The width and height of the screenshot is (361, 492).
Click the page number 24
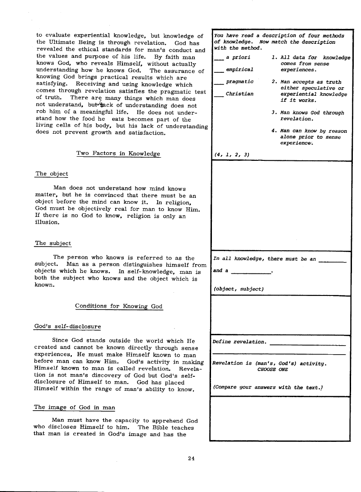coord(191,459)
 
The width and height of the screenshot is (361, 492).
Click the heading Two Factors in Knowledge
coord(118,154)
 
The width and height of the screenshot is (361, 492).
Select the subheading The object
coord(52,174)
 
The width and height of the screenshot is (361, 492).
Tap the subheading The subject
coord(53,244)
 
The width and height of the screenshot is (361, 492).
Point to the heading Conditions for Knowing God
coord(118,306)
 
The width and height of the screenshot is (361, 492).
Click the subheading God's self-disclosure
coord(68,327)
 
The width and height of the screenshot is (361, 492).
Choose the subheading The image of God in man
coord(75,408)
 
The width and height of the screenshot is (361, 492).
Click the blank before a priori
coord(219,59)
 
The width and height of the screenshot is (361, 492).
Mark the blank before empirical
coord(219,71)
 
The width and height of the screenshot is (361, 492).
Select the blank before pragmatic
coord(219,83)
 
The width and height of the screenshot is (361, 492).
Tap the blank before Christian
coord(219,95)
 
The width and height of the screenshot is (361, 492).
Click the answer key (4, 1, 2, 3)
coord(232,155)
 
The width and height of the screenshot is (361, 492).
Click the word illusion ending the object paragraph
coord(47,223)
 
